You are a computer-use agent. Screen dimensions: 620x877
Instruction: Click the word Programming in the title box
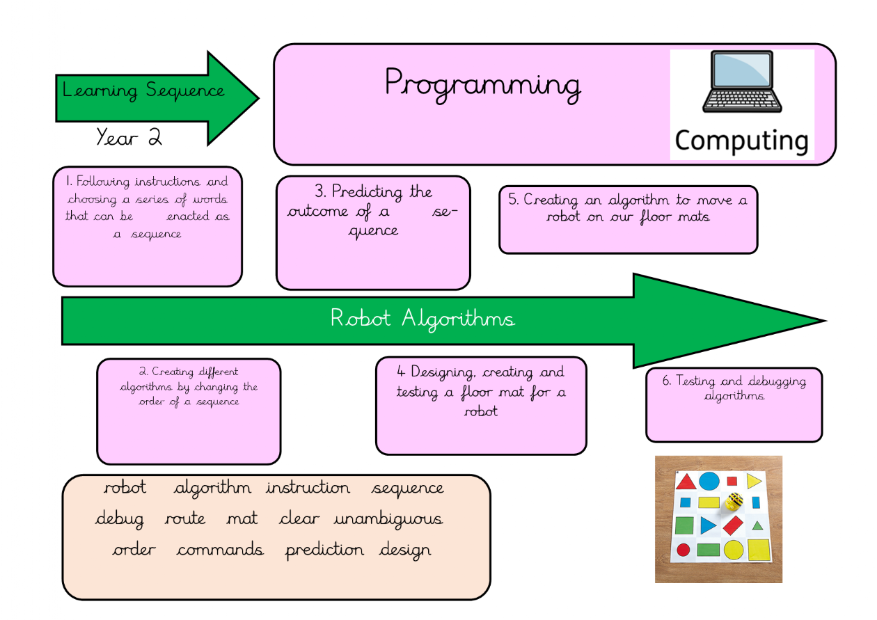click(482, 84)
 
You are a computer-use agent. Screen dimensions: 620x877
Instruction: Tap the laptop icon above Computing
click(742, 81)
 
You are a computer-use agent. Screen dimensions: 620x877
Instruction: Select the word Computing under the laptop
click(742, 141)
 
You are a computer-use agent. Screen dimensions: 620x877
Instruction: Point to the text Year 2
click(129, 137)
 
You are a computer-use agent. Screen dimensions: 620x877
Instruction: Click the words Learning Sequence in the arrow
click(143, 90)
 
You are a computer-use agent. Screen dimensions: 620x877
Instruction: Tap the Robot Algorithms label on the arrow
click(422, 319)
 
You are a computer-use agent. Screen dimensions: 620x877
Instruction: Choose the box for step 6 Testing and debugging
click(734, 404)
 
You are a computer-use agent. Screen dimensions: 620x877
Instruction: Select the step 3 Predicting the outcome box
click(373, 232)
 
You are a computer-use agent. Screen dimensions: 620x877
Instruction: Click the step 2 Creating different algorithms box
click(189, 411)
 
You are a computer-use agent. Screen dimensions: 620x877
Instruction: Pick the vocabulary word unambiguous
click(388, 519)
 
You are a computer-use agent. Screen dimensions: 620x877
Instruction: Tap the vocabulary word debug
click(120, 519)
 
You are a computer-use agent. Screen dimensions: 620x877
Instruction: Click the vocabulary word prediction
click(324, 550)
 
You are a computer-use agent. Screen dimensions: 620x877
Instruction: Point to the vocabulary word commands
click(220, 550)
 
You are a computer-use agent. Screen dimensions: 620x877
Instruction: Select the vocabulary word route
click(185, 519)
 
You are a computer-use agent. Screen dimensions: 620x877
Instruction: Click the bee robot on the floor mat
click(734, 501)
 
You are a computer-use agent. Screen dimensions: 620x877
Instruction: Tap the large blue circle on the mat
click(709, 481)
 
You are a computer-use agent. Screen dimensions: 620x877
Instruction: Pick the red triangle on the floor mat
click(686, 482)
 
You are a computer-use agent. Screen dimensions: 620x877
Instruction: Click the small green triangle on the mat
click(757, 525)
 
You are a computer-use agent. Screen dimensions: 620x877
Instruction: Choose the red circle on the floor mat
click(684, 550)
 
